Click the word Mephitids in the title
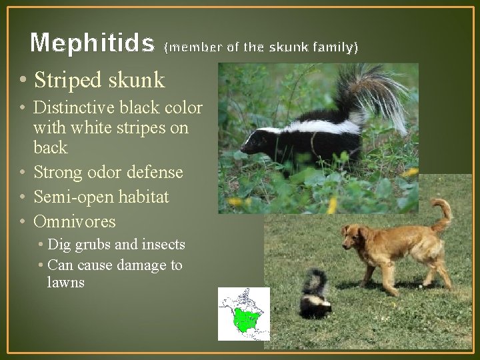(93, 43)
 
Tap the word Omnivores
(75, 221)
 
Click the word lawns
(66, 282)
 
